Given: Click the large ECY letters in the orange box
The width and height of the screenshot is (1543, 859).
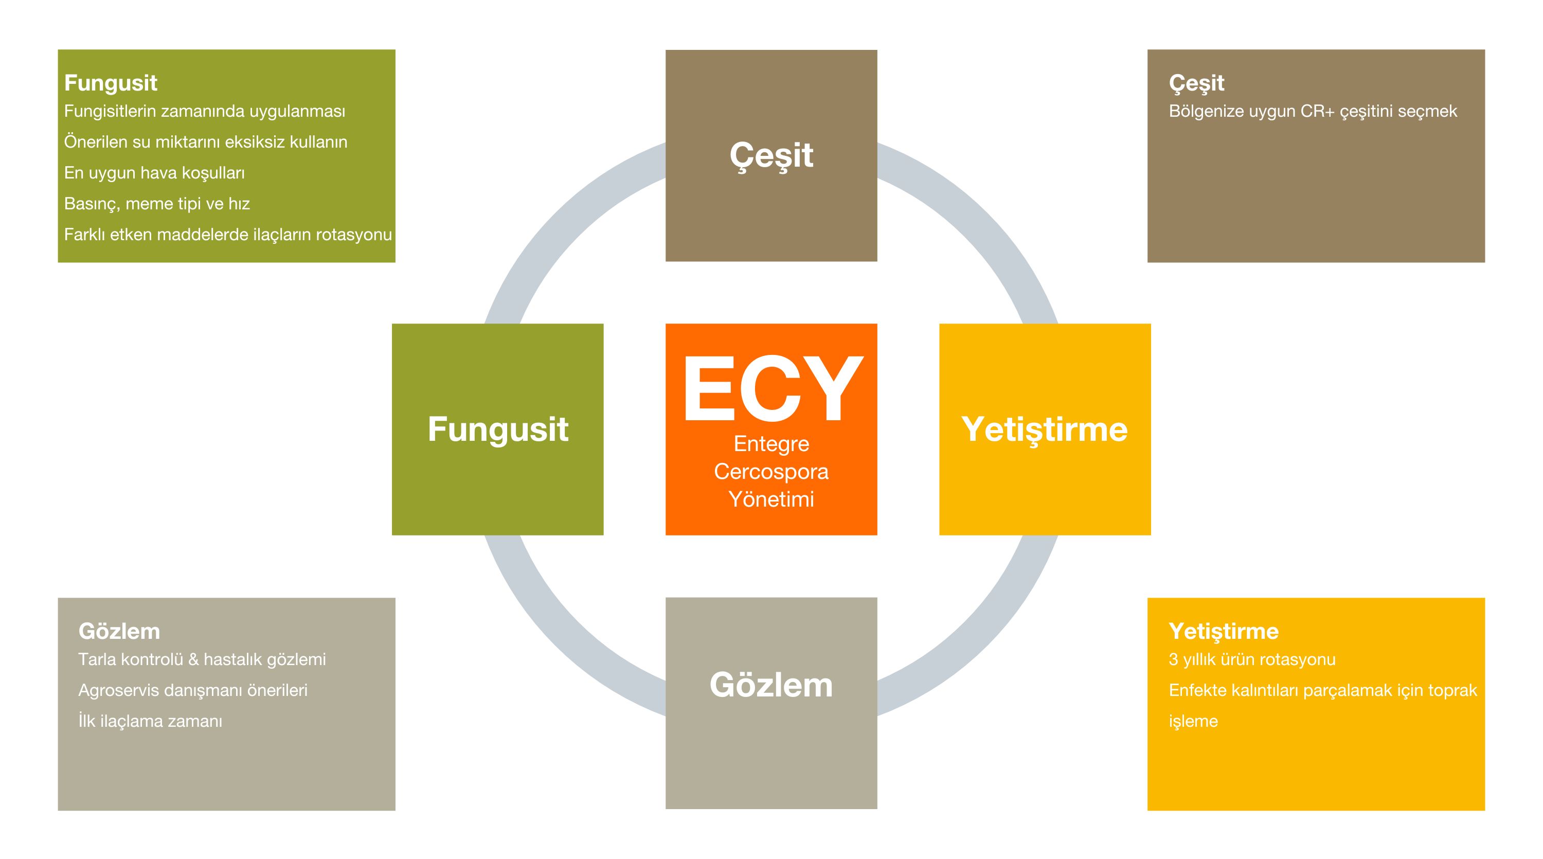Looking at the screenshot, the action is [772, 389].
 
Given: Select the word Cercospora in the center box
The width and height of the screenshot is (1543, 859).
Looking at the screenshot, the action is [771, 472].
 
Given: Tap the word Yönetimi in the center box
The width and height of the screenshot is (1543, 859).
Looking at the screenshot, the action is [771, 499].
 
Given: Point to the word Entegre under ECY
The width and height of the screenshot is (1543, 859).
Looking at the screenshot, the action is [771, 444].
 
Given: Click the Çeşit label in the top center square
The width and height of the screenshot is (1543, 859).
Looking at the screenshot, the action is [771, 156].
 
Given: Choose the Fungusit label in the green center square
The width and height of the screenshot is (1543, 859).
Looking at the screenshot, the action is [498, 430].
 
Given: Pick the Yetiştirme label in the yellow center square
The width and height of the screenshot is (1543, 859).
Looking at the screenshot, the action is [1045, 430].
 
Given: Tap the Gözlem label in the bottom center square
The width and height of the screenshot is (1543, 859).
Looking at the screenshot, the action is [771, 685].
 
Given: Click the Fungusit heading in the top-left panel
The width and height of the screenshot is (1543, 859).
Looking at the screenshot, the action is [111, 83].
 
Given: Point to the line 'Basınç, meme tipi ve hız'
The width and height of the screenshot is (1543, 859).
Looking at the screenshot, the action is [157, 204].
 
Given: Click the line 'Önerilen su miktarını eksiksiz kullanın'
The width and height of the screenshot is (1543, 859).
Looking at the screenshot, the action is [205, 142].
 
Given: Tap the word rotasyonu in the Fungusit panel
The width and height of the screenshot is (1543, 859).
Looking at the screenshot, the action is [353, 234].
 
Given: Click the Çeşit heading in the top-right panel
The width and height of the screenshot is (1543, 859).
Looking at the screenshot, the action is [1197, 83].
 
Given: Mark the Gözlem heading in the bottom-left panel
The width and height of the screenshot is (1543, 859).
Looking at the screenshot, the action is [119, 631].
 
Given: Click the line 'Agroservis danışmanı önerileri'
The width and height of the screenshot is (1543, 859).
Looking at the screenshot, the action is [193, 691].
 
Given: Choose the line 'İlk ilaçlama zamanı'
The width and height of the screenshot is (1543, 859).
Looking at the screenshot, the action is [150, 721].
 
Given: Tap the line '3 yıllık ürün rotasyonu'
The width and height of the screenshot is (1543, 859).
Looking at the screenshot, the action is [1252, 659].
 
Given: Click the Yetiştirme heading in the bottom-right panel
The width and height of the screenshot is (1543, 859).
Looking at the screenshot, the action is [1224, 631].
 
